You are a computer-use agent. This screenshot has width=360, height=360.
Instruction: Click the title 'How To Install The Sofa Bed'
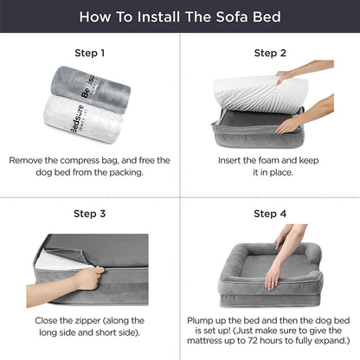pos(180,16)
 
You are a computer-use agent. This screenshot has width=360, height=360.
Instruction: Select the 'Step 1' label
pos(90,53)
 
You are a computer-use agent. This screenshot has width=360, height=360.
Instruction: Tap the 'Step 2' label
pos(270,53)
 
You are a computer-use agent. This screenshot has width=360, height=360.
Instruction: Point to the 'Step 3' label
pos(90,213)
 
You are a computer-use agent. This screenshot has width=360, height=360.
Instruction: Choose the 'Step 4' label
pos(270,213)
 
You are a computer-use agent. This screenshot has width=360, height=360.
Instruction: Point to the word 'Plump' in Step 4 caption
pos(205,318)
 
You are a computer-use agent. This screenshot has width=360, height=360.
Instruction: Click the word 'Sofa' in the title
pos(227,16)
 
